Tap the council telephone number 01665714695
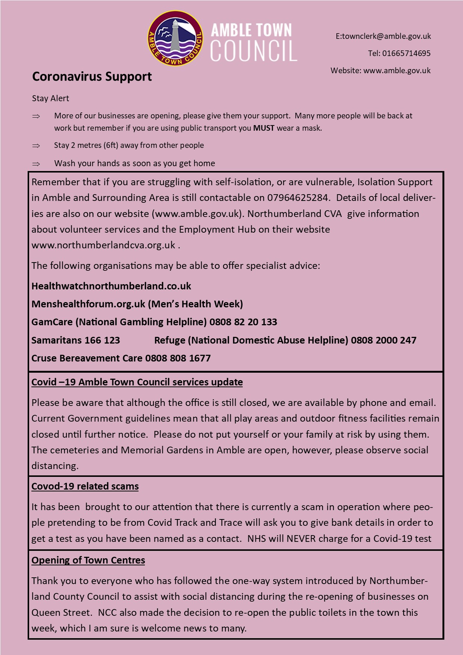[x=406, y=53]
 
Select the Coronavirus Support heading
[x=92, y=77]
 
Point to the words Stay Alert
[x=50, y=98]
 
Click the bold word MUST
[x=264, y=128]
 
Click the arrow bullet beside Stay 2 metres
[x=36, y=146]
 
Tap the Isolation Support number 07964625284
[x=297, y=198]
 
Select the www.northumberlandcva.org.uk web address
[x=103, y=245]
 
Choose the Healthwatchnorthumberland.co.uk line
[x=111, y=286]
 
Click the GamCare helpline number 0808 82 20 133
[x=243, y=322]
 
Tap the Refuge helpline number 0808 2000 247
[x=383, y=340]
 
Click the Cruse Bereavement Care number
[x=178, y=358]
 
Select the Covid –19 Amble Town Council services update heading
[x=137, y=382]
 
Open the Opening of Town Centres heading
[x=88, y=560]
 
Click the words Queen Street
[x=61, y=612]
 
